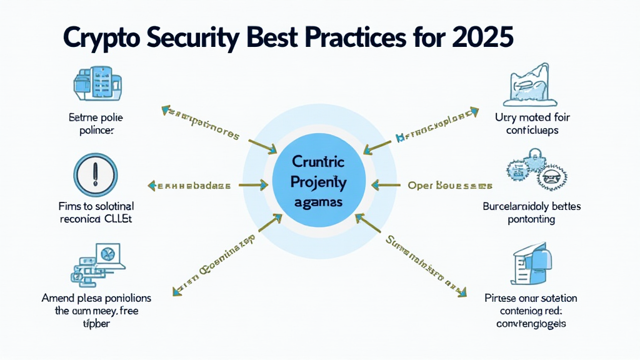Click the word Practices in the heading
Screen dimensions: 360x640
pyautogui.click(x=365, y=38)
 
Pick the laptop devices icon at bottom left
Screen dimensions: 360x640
pyautogui.click(x=95, y=261)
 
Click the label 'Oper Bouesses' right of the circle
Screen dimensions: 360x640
pyautogui.click(x=450, y=186)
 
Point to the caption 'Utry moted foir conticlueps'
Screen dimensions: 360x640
pyautogui.click(x=532, y=124)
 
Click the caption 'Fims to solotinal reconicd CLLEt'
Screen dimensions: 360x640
pyautogui.click(x=96, y=212)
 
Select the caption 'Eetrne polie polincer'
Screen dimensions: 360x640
pyautogui.click(x=96, y=124)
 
